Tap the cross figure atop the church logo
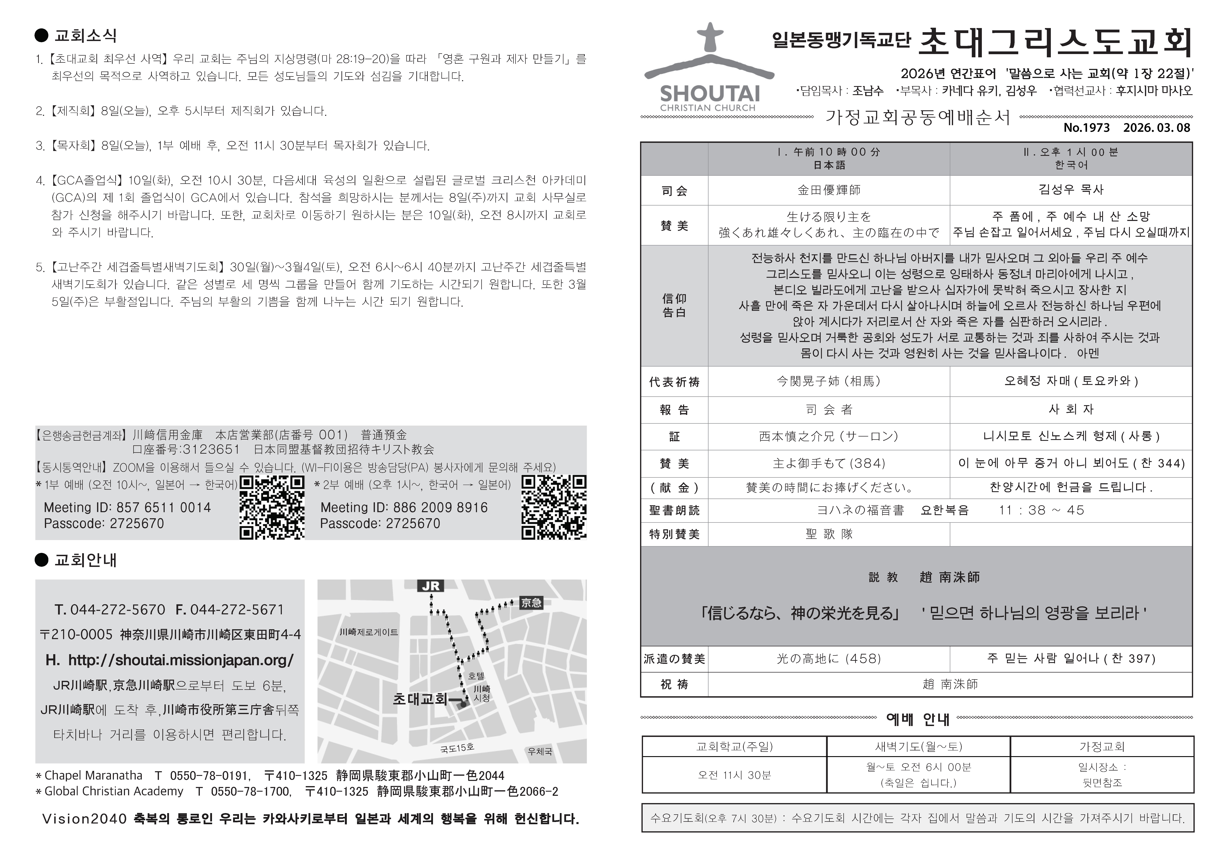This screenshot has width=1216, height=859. click(x=710, y=37)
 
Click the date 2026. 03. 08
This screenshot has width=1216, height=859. click(x=1157, y=128)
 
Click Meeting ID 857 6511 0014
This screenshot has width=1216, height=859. click(x=127, y=508)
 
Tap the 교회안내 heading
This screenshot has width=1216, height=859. click(x=85, y=560)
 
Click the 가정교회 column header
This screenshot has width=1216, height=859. click(x=1102, y=746)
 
